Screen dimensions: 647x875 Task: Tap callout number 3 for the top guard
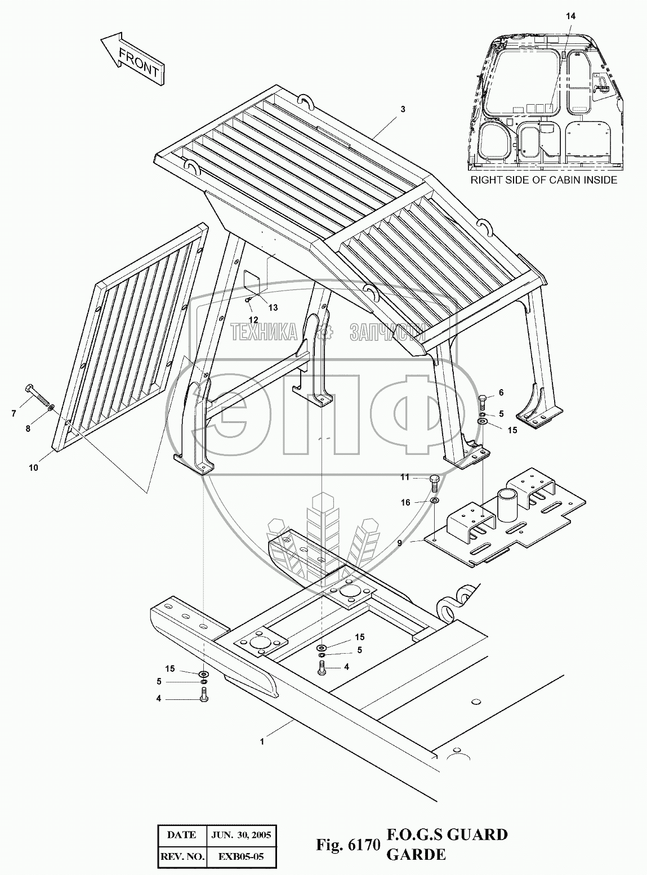(x=403, y=109)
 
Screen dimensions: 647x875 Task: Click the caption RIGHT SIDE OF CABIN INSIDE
(x=544, y=180)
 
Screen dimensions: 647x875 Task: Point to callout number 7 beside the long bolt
(x=14, y=414)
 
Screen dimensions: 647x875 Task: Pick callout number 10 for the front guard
(x=34, y=467)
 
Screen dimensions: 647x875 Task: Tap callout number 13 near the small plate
(x=273, y=307)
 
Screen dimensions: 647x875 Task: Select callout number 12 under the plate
(x=253, y=319)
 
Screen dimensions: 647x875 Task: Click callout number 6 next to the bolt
(x=501, y=392)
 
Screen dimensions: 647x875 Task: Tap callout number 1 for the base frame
(x=262, y=742)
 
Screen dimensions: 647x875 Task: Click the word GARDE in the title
(x=416, y=854)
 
